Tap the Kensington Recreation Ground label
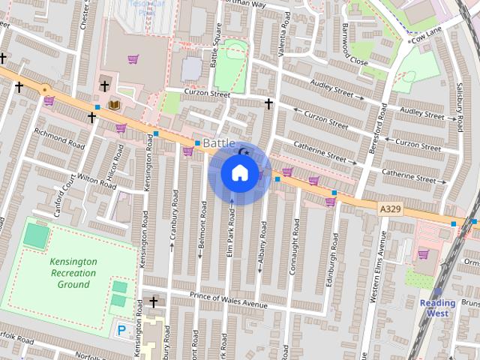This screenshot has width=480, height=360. (73, 273)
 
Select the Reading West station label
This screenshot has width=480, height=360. (437, 308)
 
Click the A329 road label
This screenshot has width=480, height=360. (389, 208)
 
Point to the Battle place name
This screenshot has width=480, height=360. (219, 143)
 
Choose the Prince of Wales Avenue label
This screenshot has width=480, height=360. (228, 298)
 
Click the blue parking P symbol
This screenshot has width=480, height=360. (121, 329)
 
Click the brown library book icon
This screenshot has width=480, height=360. (114, 103)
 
